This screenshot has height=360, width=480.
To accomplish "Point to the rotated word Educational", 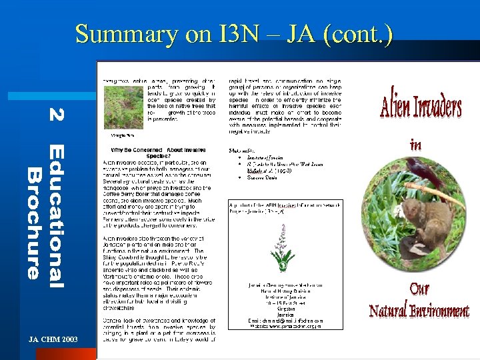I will click(57, 216).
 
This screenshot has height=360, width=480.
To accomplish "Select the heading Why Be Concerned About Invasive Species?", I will click(157, 153).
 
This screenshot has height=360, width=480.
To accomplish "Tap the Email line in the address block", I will click(285, 321).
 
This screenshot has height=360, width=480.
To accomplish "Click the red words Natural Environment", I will click(419, 311).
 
